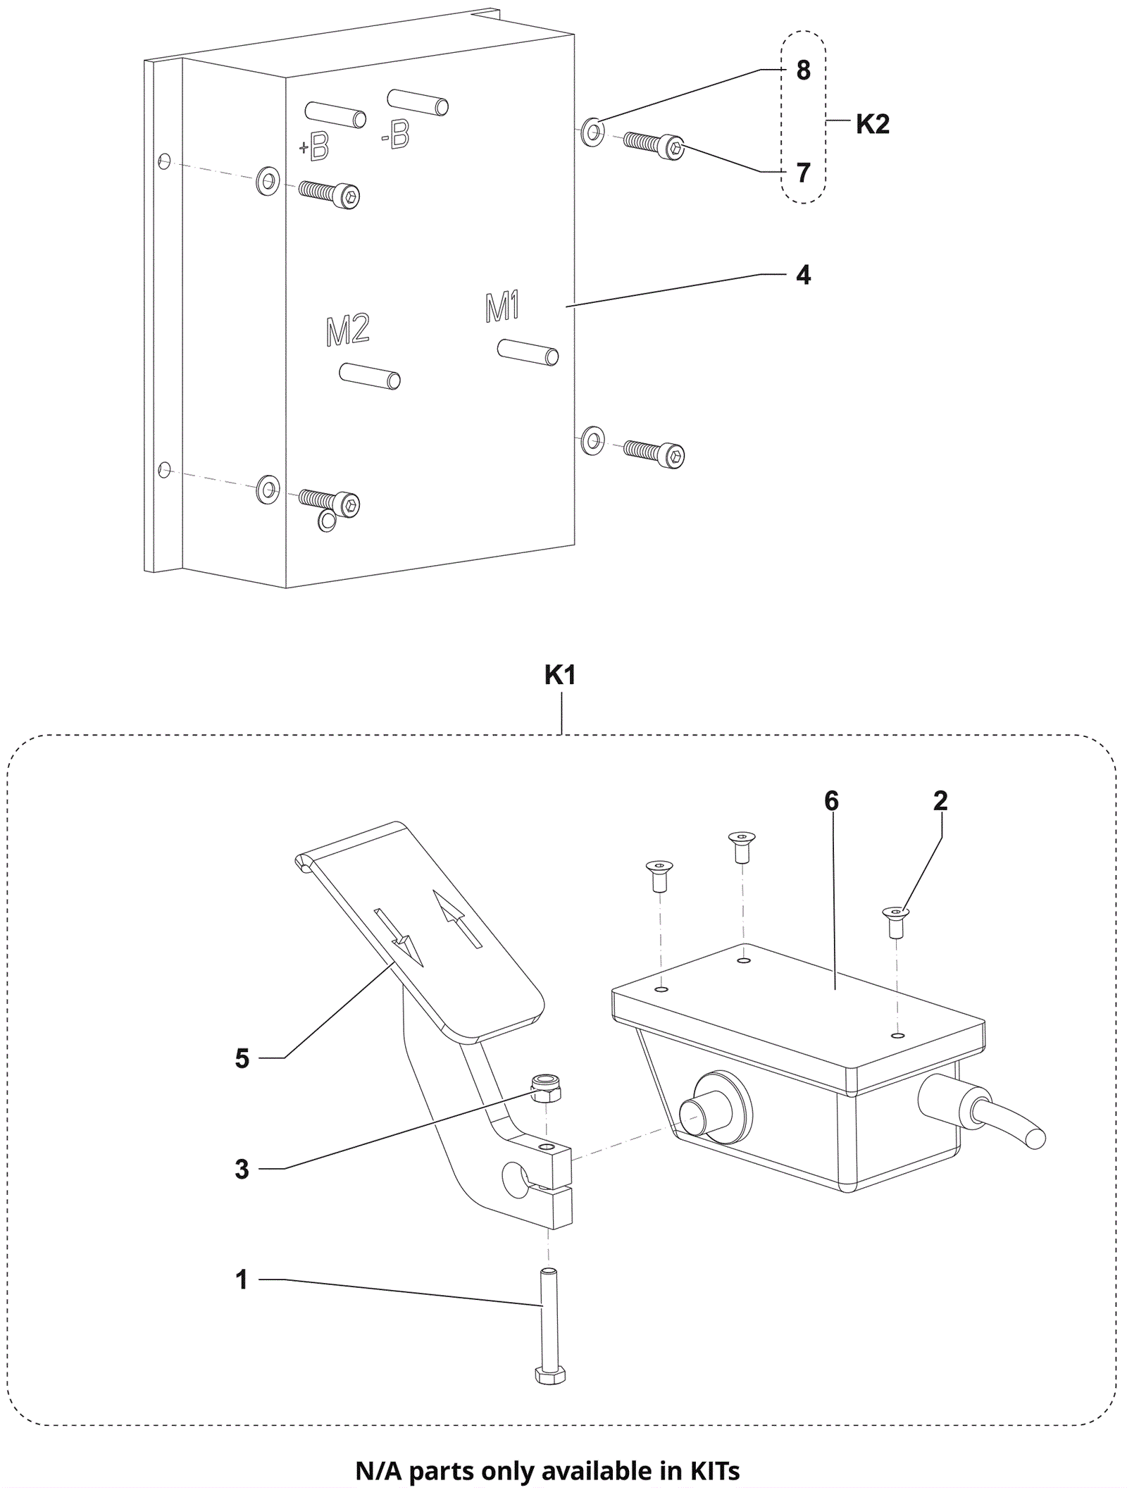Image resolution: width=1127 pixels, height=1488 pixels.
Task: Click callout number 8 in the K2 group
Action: click(x=803, y=70)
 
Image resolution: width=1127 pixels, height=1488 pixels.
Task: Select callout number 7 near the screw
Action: click(x=803, y=173)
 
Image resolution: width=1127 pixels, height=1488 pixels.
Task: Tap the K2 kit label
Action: click(x=873, y=124)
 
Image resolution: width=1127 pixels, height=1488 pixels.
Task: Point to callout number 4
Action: click(x=803, y=275)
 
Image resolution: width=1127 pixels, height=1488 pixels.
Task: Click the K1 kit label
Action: click(x=560, y=675)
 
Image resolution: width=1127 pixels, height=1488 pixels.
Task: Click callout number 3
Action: click(x=242, y=1170)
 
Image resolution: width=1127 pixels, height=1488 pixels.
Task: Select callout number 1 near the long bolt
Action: click(x=242, y=1279)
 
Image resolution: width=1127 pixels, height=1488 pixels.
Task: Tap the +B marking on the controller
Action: click(x=314, y=147)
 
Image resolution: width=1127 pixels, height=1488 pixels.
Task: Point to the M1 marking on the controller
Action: click(x=502, y=307)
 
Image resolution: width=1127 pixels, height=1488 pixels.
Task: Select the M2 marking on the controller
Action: click(x=348, y=330)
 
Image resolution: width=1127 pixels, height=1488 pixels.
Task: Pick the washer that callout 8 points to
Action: click(x=592, y=132)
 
